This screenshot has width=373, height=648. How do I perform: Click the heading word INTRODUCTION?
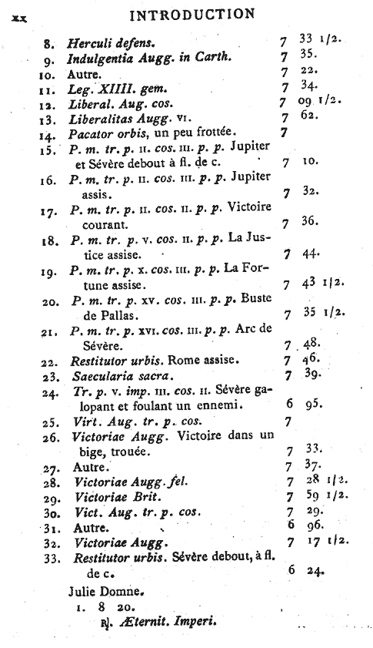[192, 14]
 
